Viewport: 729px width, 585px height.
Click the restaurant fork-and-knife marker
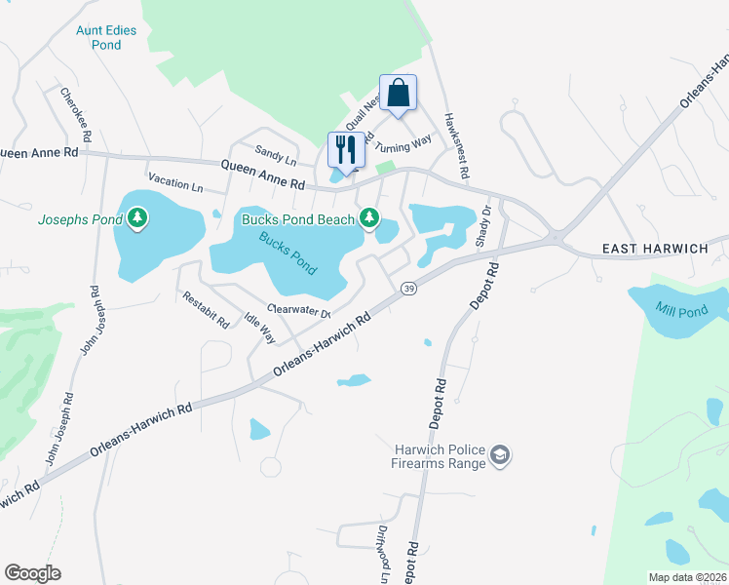pos(346,150)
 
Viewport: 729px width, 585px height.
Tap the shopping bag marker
pos(398,94)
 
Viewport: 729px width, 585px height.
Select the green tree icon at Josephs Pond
pos(137,217)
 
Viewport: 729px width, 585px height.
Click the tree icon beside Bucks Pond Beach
pos(369,218)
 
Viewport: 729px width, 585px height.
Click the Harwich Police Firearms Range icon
pos(500,454)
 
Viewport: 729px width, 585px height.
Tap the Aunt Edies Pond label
pos(106,37)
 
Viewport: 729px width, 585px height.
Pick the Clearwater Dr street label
pos(299,311)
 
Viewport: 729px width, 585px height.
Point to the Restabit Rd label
pos(205,308)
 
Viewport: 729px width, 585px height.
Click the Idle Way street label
pos(259,328)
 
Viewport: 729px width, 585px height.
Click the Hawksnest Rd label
pos(457,145)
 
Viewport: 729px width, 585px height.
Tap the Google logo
pos(32,573)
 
